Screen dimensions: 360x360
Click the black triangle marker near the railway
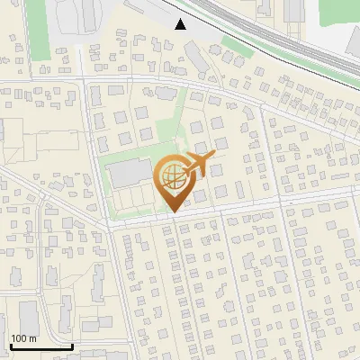coord(181,24)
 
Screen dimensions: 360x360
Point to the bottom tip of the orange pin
coord(172,211)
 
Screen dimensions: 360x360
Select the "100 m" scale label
coord(23,338)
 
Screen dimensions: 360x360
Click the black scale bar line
coord(41,346)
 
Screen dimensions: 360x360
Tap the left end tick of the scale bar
coord(11,344)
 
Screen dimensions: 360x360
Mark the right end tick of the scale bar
coord(72,344)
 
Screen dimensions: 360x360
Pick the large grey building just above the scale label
coord(28,317)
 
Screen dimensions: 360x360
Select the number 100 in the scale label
coord(19,338)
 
